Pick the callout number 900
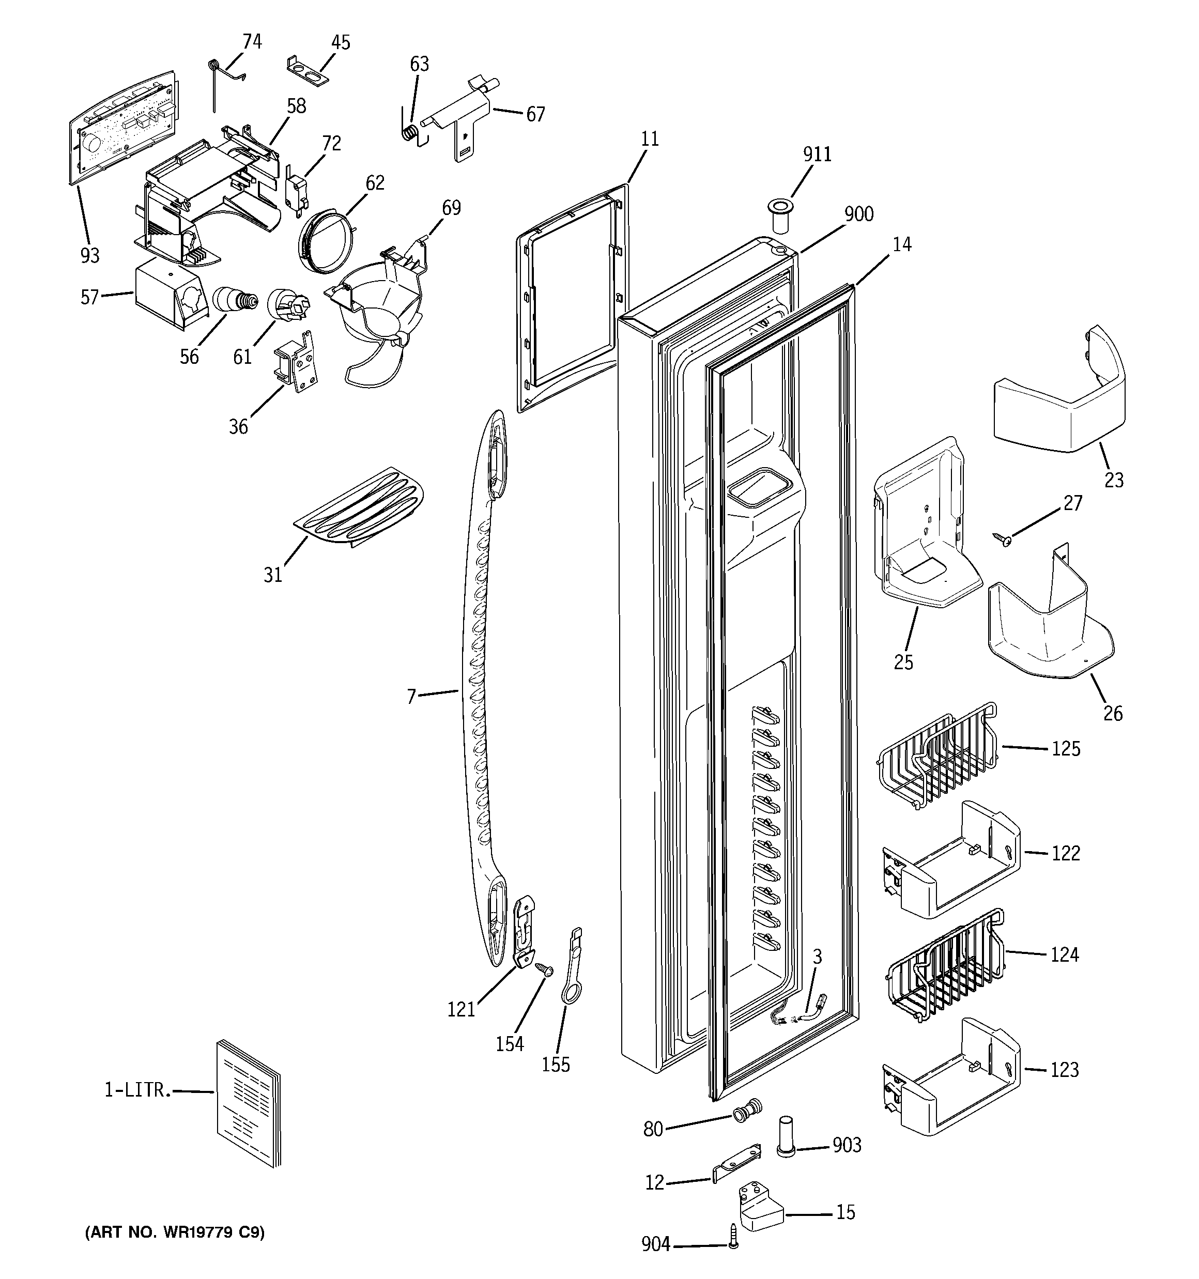pyautogui.click(x=858, y=214)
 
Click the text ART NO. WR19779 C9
pyautogui.click(x=174, y=1232)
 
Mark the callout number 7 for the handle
pyautogui.click(x=411, y=696)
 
